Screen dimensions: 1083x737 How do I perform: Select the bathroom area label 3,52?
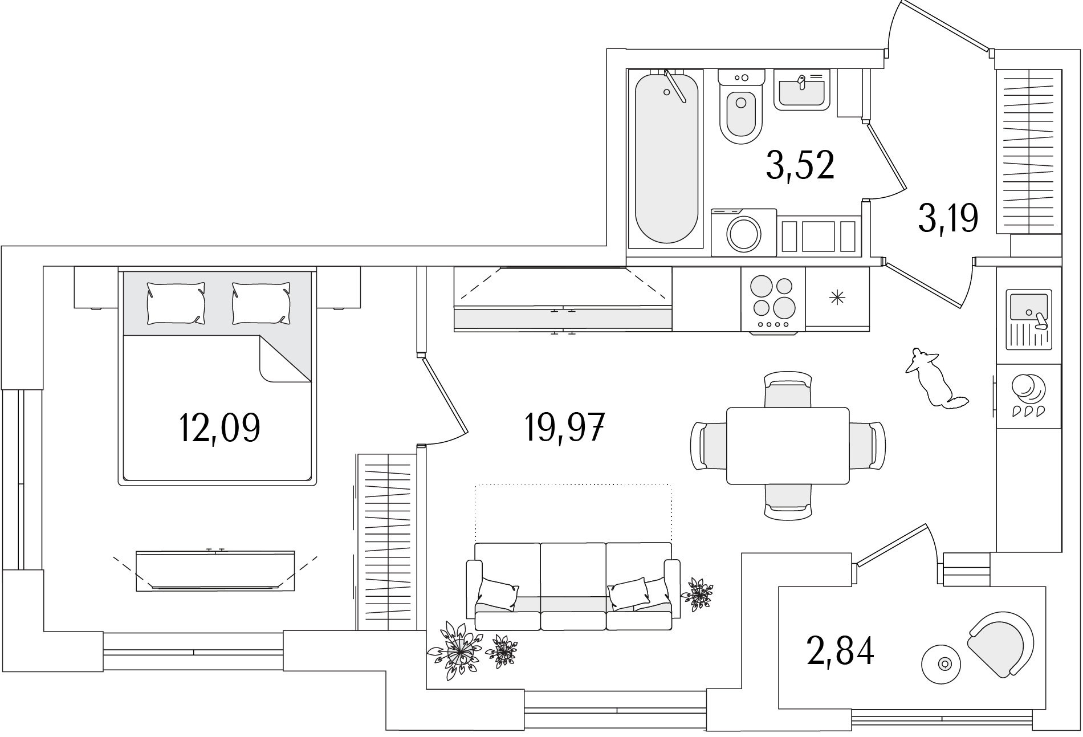(x=800, y=165)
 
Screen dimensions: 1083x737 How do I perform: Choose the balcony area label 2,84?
(x=840, y=652)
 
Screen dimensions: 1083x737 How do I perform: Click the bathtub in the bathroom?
(x=666, y=159)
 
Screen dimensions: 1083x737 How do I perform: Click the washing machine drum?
(x=744, y=233)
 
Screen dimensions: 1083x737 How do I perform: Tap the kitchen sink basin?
(x=1028, y=307)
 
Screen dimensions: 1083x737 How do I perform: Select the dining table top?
(x=788, y=446)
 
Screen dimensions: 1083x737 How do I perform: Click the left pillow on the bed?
(x=176, y=303)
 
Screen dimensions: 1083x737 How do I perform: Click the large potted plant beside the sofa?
(x=456, y=649)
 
